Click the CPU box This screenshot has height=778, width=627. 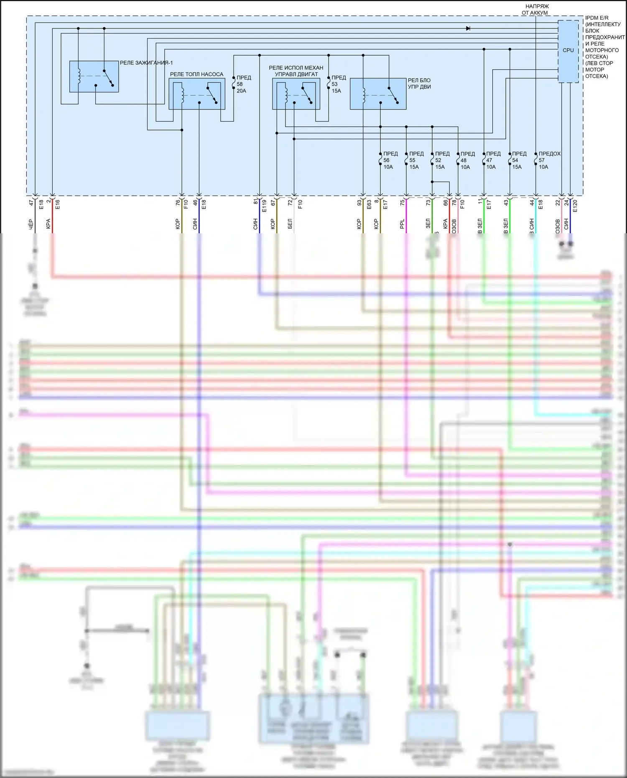pyautogui.click(x=568, y=51)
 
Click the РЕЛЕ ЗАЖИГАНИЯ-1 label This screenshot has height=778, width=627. pyautogui.click(x=146, y=63)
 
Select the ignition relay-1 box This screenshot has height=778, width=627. pyautogui.click(x=94, y=77)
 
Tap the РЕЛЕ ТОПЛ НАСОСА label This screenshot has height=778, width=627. pyautogui.click(x=196, y=74)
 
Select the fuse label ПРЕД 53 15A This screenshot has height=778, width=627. pyautogui.click(x=338, y=84)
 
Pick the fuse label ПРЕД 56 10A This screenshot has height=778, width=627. pyautogui.click(x=390, y=160)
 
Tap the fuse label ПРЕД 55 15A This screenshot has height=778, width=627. pyautogui.click(x=416, y=160)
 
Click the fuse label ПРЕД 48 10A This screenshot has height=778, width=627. pyautogui.click(x=467, y=160)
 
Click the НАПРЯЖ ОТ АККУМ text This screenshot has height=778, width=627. pyautogui.click(x=536, y=10)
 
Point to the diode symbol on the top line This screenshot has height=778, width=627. pyautogui.click(x=468, y=28)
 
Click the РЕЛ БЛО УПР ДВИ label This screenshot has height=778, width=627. pyautogui.click(x=419, y=84)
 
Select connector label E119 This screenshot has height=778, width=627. pyautogui.click(x=264, y=206)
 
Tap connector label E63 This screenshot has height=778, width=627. pyautogui.click(x=369, y=204)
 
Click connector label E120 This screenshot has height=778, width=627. pyautogui.click(x=575, y=206)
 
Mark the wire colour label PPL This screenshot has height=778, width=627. pyautogui.click(x=402, y=224)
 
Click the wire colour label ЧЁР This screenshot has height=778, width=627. pyautogui.click(x=31, y=224)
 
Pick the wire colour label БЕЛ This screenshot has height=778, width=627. pyautogui.click(x=290, y=224)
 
